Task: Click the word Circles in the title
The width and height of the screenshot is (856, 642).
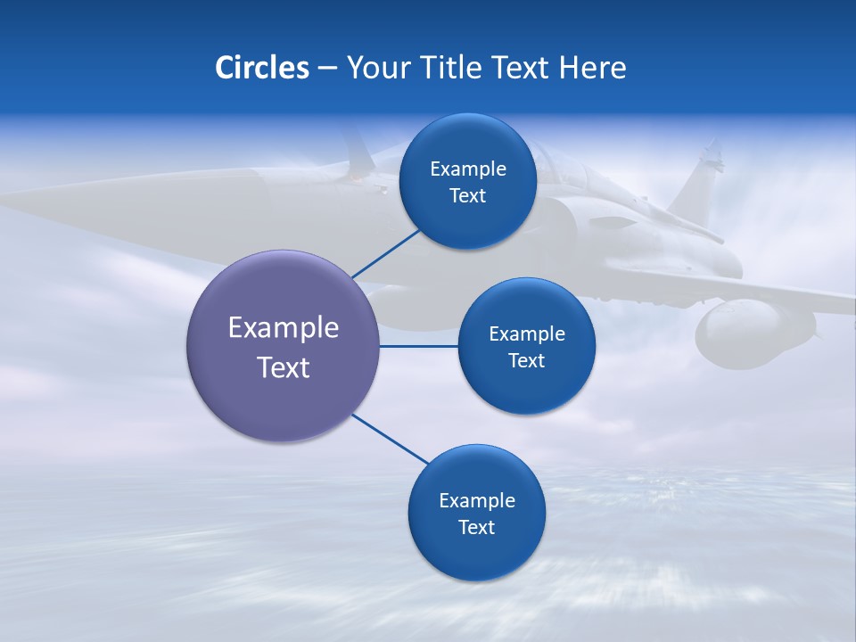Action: pyautogui.click(x=261, y=68)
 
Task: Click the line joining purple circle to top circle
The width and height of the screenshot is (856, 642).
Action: pyautogui.click(x=387, y=254)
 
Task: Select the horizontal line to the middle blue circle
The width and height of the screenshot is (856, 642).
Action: pyautogui.click(x=418, y=346)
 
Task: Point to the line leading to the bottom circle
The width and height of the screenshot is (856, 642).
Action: pyautogui.click(x=390, y=439)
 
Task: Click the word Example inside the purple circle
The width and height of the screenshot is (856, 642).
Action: pyautogui.click(x=283, y=328)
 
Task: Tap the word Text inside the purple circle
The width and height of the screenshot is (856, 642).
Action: pyautogui.click(x=283, y=367)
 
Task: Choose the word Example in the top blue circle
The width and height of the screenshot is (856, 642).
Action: pyautogui.click(x=467, y=169)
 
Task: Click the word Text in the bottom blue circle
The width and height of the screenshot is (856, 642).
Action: pyautogui.click(x=476, y=527)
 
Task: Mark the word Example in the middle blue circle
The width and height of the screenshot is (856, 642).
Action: pyautogui.click(x=526, y=334)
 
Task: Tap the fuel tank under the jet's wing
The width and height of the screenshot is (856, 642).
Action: pyautogui.click(x=749, y=334)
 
